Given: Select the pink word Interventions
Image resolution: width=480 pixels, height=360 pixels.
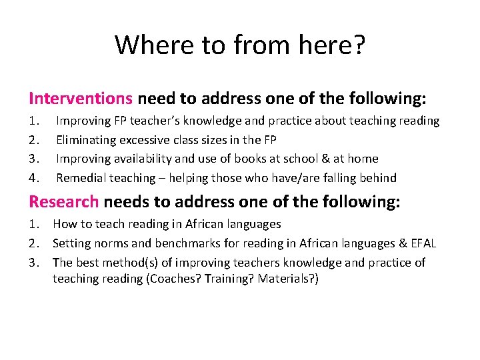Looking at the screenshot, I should coord(81,99).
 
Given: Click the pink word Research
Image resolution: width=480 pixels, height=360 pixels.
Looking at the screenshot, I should coord(63,202).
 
